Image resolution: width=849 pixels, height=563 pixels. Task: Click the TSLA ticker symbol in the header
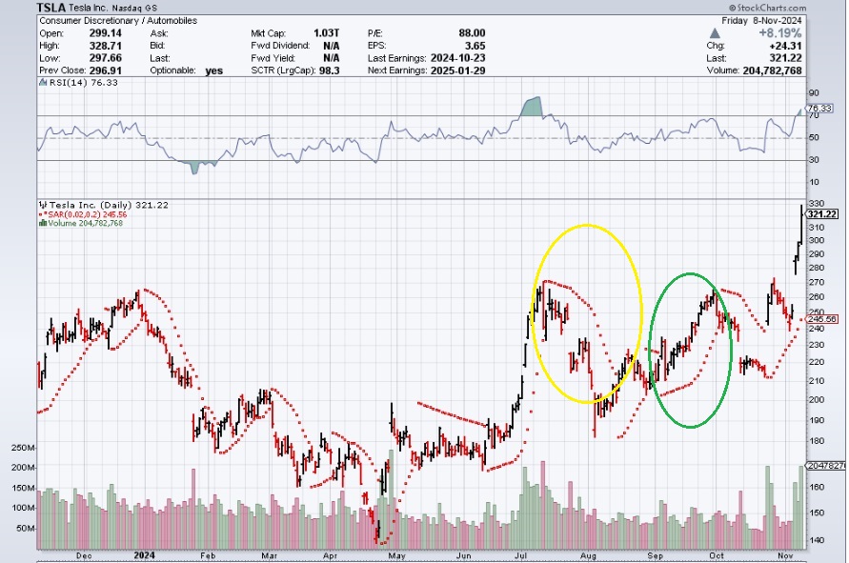click(51, 7)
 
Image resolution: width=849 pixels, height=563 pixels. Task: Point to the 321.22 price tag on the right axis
click(823, 213)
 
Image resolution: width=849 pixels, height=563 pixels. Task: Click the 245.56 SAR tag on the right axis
click(823, 319)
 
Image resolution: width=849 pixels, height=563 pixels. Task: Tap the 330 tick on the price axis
click(816, 203)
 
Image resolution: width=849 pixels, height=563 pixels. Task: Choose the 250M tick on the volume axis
click(24, 448)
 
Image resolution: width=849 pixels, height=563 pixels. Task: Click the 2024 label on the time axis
click(145, 554)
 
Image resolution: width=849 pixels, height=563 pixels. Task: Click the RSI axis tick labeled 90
click(814, 93)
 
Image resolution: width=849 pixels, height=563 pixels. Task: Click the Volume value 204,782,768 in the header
click(801, 70)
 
